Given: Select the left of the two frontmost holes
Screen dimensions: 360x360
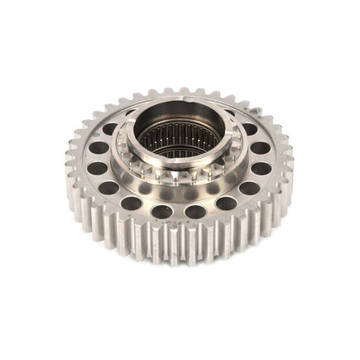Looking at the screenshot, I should tap(162, 211).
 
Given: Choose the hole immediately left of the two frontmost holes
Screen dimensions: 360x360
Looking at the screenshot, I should tap(131, 202).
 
